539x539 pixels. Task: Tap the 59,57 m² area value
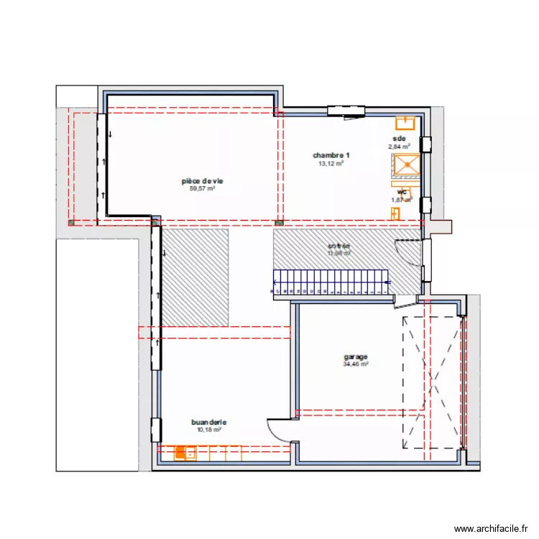(x=203, y=189)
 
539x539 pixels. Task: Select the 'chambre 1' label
(x=331, y=155)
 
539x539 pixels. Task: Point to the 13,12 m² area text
(x=331, y=163)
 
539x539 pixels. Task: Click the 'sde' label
(x=399, y=138)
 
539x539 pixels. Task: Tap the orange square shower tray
(x=405, y=165)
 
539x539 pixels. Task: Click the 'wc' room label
(x=403, y=192)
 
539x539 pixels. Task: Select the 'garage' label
(x=356, y=356)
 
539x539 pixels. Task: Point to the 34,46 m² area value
(x=356, y=364)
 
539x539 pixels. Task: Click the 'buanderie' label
(x=208, y=423)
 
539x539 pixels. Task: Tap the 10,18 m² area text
(x=208, y=430)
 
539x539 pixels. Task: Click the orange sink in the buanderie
(x=185, y=453)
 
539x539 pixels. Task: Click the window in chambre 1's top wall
(x=348, y=111)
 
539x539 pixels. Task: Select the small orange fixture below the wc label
(x=395, y=213)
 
